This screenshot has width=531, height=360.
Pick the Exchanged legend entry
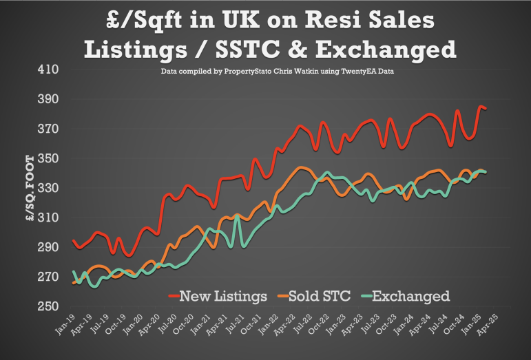point(414,296)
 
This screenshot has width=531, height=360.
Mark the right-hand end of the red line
point(487,108)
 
